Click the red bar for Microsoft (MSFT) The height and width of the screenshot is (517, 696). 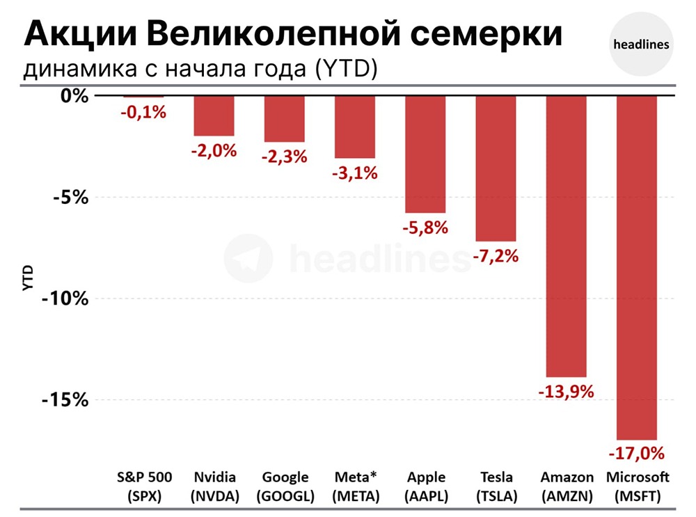(637, 268)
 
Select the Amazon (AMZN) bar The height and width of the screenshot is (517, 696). (566, 237)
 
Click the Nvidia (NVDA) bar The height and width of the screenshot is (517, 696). (214, 116)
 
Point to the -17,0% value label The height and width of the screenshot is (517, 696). (637, 454)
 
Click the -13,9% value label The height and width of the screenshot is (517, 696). (566, 392)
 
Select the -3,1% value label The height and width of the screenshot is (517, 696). (354, 173)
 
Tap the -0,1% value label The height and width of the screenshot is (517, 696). (143, 111)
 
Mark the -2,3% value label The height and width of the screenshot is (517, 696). (284, 157)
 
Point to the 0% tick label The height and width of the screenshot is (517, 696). (74, 96)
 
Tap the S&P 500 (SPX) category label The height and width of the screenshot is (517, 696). (144, 486)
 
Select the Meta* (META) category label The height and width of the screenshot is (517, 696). (355, 486)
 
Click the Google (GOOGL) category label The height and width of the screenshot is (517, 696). (285, 486)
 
